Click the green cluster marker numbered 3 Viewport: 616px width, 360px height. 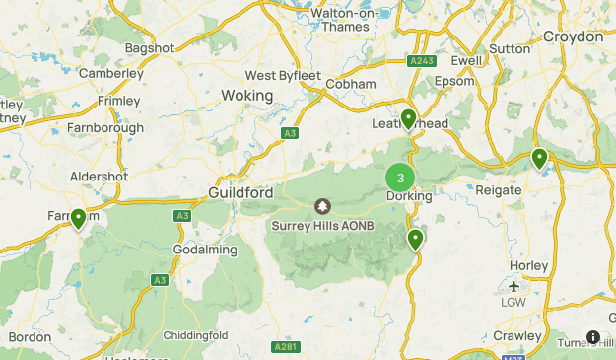(x=400, y=178)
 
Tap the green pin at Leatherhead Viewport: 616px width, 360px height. (x=408, y=119)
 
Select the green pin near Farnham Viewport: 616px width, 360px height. (x=78, y=218)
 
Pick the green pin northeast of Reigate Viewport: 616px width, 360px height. (x=539, y=158)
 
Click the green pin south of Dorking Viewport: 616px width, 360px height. (x=416, y=239)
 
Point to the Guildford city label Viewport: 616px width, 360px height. (x=240, y=193)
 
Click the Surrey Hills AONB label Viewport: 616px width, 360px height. (x=321, y=225)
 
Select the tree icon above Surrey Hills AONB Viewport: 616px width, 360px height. (x=322, y=206)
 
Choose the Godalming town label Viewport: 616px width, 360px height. (x=205, y=250)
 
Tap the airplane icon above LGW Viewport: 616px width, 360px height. (x=514, y=286)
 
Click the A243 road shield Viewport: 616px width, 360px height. (x=421, y=61)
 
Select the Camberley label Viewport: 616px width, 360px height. (x=110, y=73)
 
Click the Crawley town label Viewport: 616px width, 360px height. (x=517, y=336)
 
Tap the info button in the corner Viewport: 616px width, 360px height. (x=593, y=337)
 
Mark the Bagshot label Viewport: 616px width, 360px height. (x=149, y=47)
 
